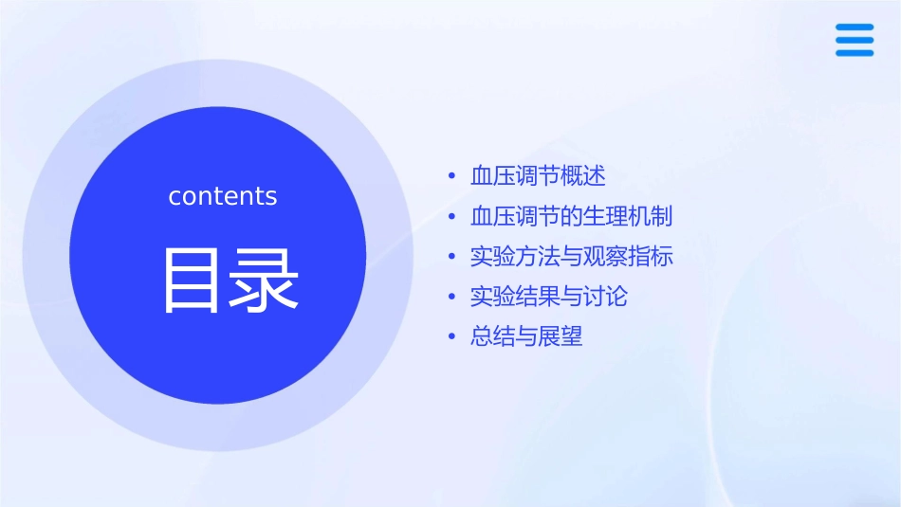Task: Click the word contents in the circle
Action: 223,196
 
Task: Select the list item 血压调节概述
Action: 537,176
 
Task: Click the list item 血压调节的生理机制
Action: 571,216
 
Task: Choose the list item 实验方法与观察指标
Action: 571,257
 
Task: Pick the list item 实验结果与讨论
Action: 548,297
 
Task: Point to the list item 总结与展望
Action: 526,336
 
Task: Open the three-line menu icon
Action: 855,41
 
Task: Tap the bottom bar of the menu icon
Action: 855,53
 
